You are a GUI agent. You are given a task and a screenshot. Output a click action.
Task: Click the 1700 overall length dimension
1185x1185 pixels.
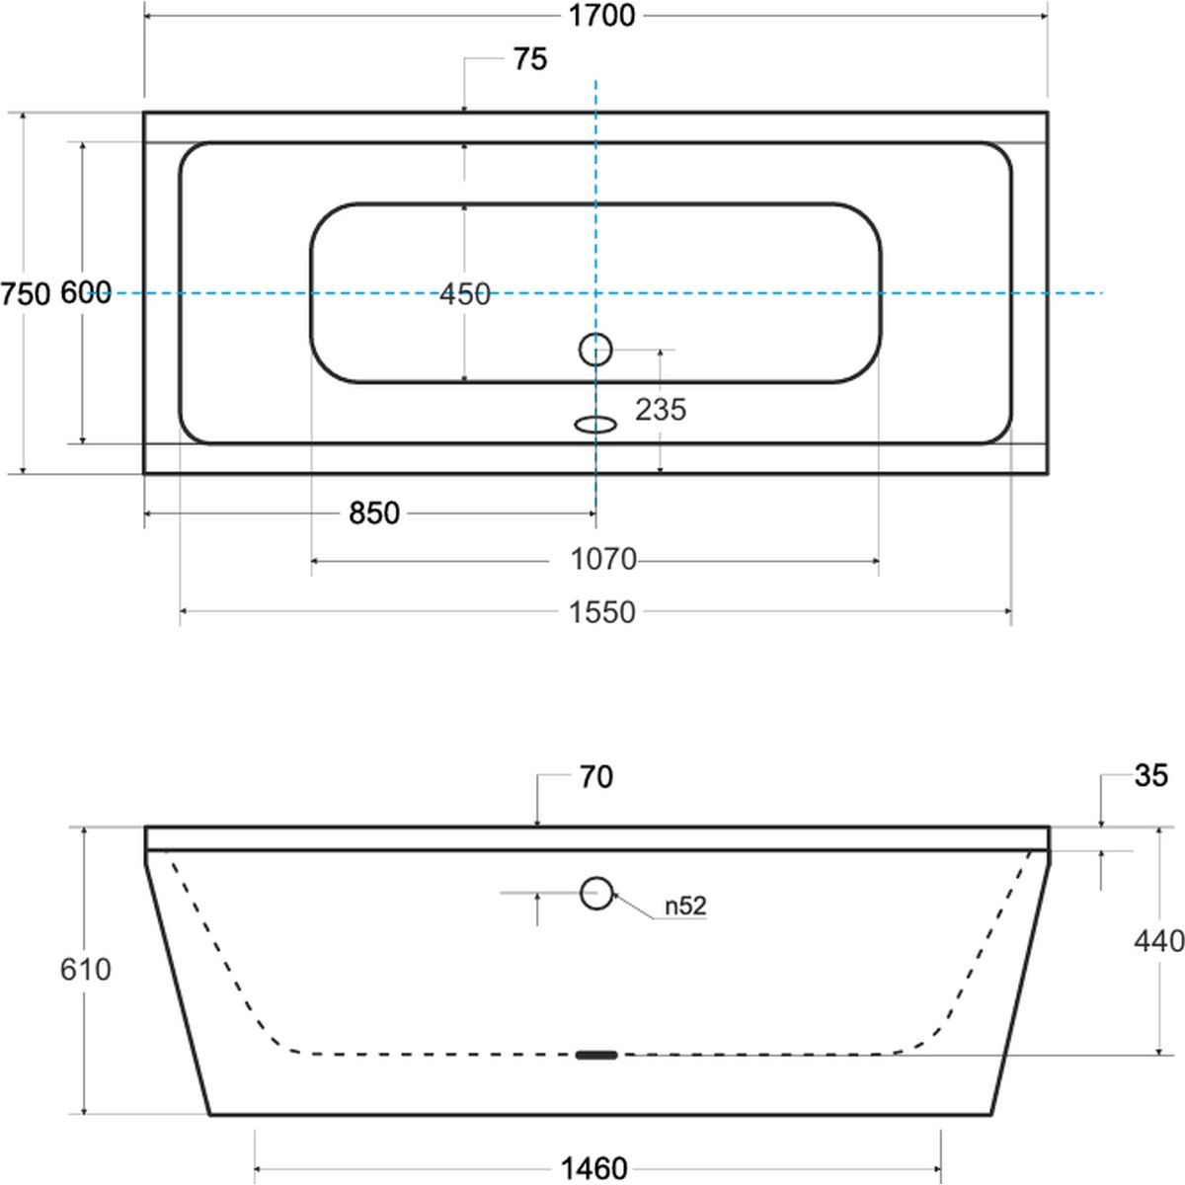click(601, 16)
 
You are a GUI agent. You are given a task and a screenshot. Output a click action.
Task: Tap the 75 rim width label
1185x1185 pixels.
click(530, 59)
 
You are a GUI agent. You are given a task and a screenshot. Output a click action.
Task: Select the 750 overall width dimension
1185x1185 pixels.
click(26, 294)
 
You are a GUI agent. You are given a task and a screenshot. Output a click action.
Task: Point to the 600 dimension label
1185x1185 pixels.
click(86, 292)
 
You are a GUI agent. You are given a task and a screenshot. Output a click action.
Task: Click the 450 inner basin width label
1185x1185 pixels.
click(465, 294)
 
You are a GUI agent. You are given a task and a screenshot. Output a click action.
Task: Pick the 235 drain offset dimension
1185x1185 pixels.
click(661, 410)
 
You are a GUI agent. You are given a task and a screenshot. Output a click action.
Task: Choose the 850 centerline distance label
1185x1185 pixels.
click(374, 513)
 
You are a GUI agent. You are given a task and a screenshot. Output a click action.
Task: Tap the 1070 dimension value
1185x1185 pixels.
click(603, 560)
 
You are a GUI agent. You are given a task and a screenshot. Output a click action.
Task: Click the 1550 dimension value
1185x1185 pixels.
click(602, 612)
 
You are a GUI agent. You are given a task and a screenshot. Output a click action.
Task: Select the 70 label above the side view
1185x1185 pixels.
click(595, 777)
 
